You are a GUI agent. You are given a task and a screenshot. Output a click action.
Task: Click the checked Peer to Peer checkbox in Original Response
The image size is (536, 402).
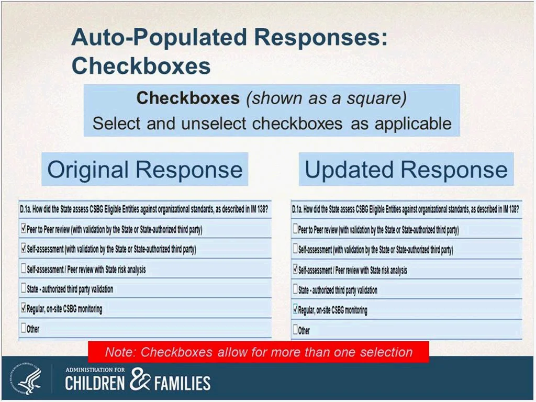[x=23, y=228]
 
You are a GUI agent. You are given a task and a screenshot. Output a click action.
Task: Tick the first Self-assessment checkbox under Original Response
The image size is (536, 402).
[x=23, y=248]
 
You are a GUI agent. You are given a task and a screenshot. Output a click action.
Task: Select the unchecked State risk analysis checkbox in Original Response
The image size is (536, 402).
[x=23, y=268]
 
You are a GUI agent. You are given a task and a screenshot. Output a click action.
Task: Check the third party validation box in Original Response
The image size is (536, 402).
[x=23, y=288]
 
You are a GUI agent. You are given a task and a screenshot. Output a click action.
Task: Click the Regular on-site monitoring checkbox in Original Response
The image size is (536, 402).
[x=23, y=308]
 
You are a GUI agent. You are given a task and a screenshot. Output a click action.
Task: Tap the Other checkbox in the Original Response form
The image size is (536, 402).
[x=23, y=328]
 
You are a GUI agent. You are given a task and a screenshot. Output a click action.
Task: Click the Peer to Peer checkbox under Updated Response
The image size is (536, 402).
[x=295, y=229]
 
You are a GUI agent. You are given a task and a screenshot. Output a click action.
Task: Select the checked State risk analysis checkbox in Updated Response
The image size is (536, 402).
[x=295, y=270]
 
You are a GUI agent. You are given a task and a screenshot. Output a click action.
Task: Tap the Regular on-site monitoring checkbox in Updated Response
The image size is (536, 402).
[x=295, y=309]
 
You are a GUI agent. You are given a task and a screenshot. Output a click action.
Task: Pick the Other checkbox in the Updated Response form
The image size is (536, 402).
[x=295, y=330]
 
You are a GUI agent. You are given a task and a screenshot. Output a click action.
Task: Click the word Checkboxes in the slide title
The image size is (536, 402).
[x=141, y=65]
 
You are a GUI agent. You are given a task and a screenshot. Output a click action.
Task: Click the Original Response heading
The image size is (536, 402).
[x=145, y=170]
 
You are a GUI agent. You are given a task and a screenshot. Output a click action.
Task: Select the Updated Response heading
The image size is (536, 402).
[x=406, y=170]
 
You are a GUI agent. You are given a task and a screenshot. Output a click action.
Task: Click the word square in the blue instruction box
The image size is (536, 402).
[x=376, y=99]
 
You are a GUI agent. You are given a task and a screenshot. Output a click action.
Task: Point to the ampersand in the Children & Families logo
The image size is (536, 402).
[x=140, y=379]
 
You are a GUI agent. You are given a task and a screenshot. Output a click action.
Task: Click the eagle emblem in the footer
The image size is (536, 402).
[x=26, y=378]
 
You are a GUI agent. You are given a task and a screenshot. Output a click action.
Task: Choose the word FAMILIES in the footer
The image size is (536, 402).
[x=182, y=383]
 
